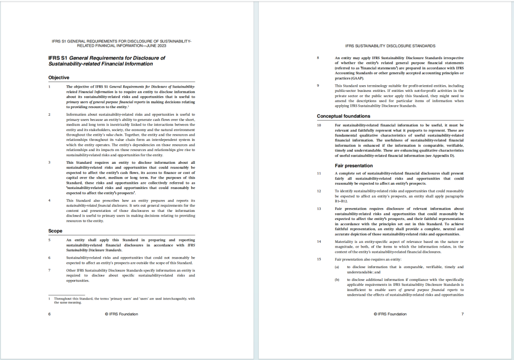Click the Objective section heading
59,77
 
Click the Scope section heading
55,231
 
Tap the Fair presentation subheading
353,165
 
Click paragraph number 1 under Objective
49,87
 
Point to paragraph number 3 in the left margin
49,162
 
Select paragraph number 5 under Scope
49,240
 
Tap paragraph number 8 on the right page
318,58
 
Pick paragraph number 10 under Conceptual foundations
319,125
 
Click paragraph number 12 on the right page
319,191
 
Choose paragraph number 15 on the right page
319,259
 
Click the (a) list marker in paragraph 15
337,267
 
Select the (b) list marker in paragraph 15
337,280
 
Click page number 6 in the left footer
49,314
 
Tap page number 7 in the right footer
462,314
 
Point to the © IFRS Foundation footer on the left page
121,314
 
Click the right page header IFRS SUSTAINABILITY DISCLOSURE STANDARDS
390,46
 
